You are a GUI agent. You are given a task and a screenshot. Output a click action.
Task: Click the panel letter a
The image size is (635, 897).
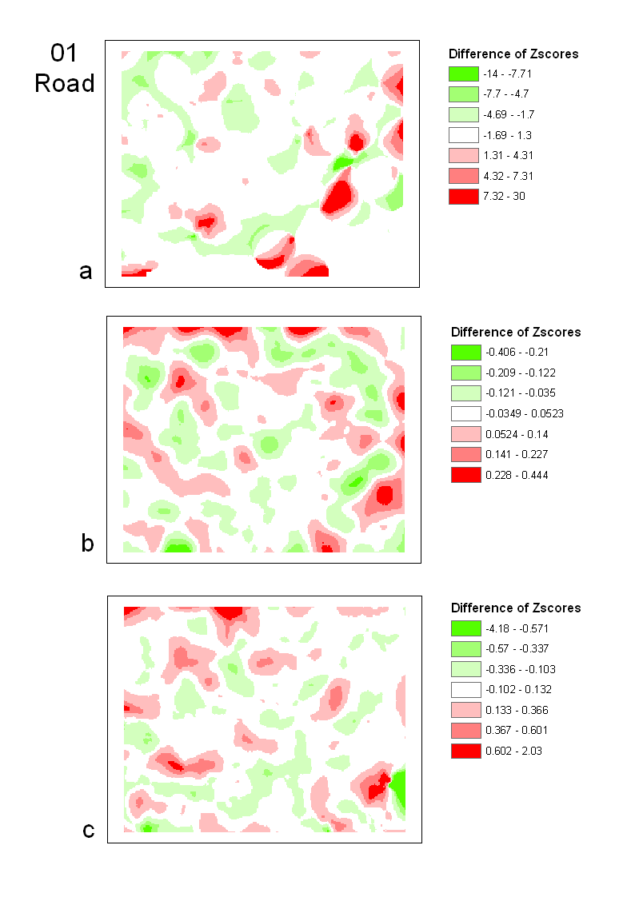pos(86,272)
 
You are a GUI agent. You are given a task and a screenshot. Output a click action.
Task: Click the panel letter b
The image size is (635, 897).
pos(88,544)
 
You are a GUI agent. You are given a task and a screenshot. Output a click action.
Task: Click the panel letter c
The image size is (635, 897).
pos(89,831)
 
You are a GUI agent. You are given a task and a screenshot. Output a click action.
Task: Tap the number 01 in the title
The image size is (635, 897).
pos(65,54)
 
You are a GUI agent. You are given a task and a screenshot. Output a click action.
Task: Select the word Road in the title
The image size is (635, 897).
pos(65,82)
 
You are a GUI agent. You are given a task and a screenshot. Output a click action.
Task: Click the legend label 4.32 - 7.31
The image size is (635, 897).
pos(509,176)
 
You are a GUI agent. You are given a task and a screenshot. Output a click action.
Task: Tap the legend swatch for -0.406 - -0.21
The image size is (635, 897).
pos(466,352)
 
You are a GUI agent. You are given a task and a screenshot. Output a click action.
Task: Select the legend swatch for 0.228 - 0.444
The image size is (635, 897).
pos(466,475)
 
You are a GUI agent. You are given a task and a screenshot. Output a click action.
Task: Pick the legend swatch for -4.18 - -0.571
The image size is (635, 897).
pos(466,628)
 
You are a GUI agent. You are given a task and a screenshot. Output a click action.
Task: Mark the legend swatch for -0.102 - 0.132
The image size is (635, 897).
pos(466,689)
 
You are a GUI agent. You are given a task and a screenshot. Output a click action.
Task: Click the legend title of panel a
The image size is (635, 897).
pos(513,54)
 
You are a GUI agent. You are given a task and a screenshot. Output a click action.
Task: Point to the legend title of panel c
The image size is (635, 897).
pos(516,608)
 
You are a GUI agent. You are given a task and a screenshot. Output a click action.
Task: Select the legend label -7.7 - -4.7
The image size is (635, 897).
pos(505,94)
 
